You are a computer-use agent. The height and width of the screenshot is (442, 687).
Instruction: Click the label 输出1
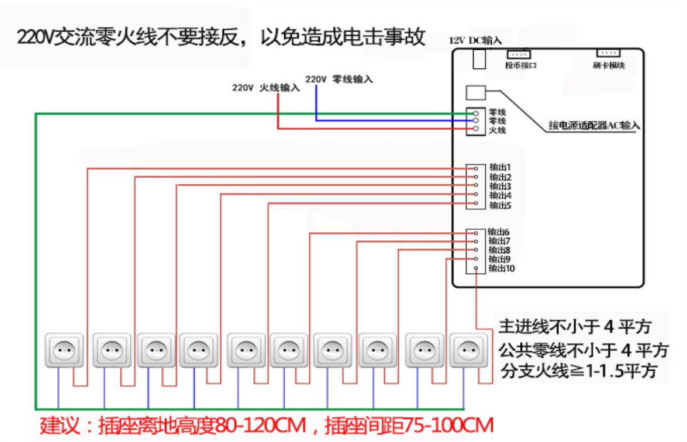pos(500,167)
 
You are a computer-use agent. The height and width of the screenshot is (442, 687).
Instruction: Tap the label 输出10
pos(501,268)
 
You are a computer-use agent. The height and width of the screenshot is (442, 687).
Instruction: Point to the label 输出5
pos(500,205)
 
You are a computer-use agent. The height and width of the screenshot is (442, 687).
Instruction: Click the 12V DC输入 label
pos(475,40)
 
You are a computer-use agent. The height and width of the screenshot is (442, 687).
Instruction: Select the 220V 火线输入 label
pos(266,89)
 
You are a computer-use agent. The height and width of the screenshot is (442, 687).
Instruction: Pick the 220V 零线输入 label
pos(339,79)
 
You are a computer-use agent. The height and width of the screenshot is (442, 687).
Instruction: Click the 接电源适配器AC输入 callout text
pos(593,125)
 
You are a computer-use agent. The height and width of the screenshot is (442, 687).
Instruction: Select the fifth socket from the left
pos(246,351)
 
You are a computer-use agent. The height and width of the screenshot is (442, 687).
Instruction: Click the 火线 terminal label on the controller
pos(497,130)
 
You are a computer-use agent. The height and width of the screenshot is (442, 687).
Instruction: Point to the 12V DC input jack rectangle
pos(479,59)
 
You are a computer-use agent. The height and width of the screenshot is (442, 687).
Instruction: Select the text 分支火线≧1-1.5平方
pos(578,371)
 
